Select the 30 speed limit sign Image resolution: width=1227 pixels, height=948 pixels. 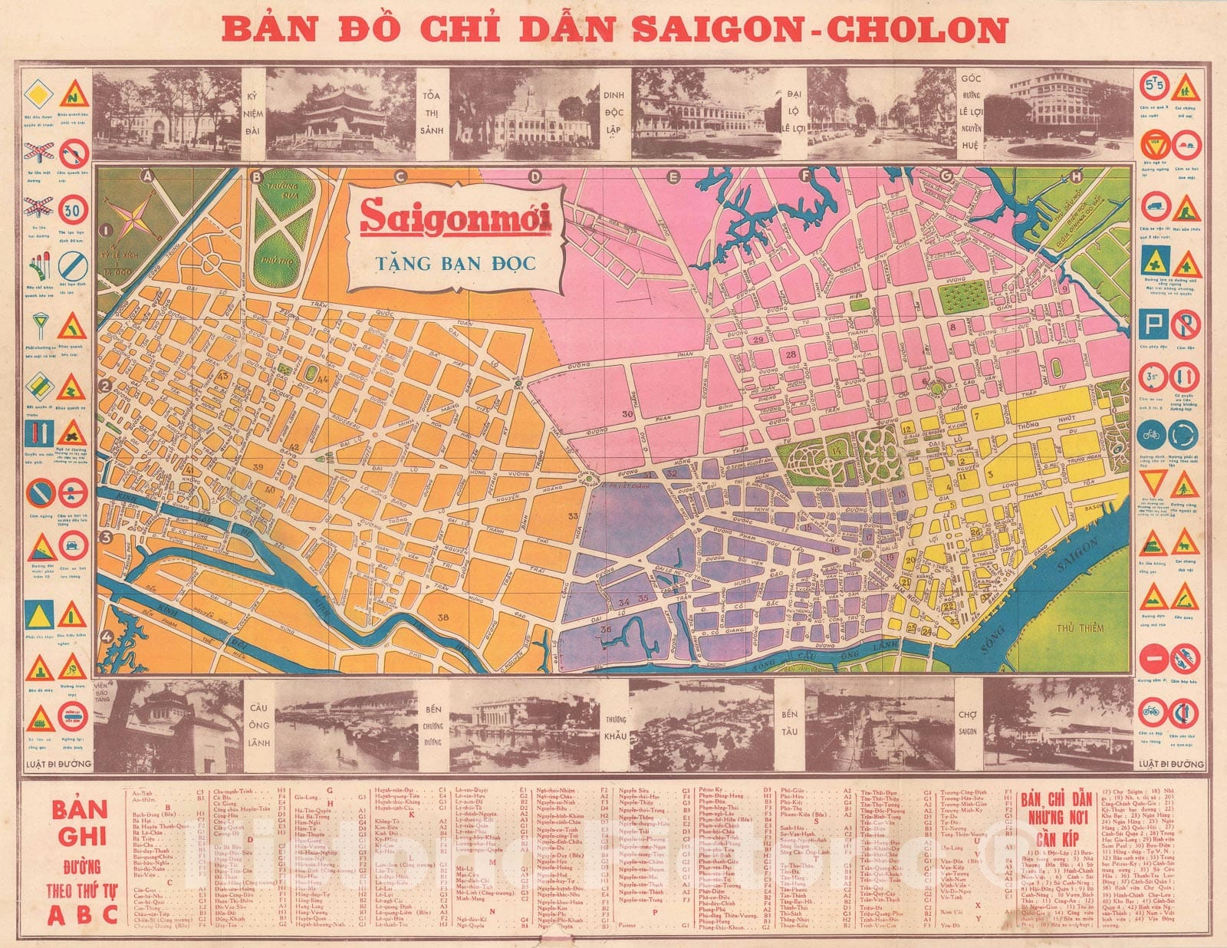tap(74, 209)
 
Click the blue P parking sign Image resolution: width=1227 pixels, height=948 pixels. tap(1153, 324)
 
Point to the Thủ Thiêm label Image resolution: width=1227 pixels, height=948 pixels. tap(1079, 627)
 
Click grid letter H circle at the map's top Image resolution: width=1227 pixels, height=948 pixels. tap(1077, 176)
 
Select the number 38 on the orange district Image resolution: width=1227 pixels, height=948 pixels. tap(442, 618)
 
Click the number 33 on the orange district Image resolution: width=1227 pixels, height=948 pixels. tap(573, 516)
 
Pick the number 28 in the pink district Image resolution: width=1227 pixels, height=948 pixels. tap(791, 354)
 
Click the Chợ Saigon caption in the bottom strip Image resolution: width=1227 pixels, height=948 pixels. tap(967, 723)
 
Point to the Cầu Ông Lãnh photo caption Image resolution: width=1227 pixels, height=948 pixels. tap(259, 725)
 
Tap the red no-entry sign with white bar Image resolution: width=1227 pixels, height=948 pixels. tap(1152, 658)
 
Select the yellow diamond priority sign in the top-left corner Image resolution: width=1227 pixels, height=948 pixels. tap(39, 96)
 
